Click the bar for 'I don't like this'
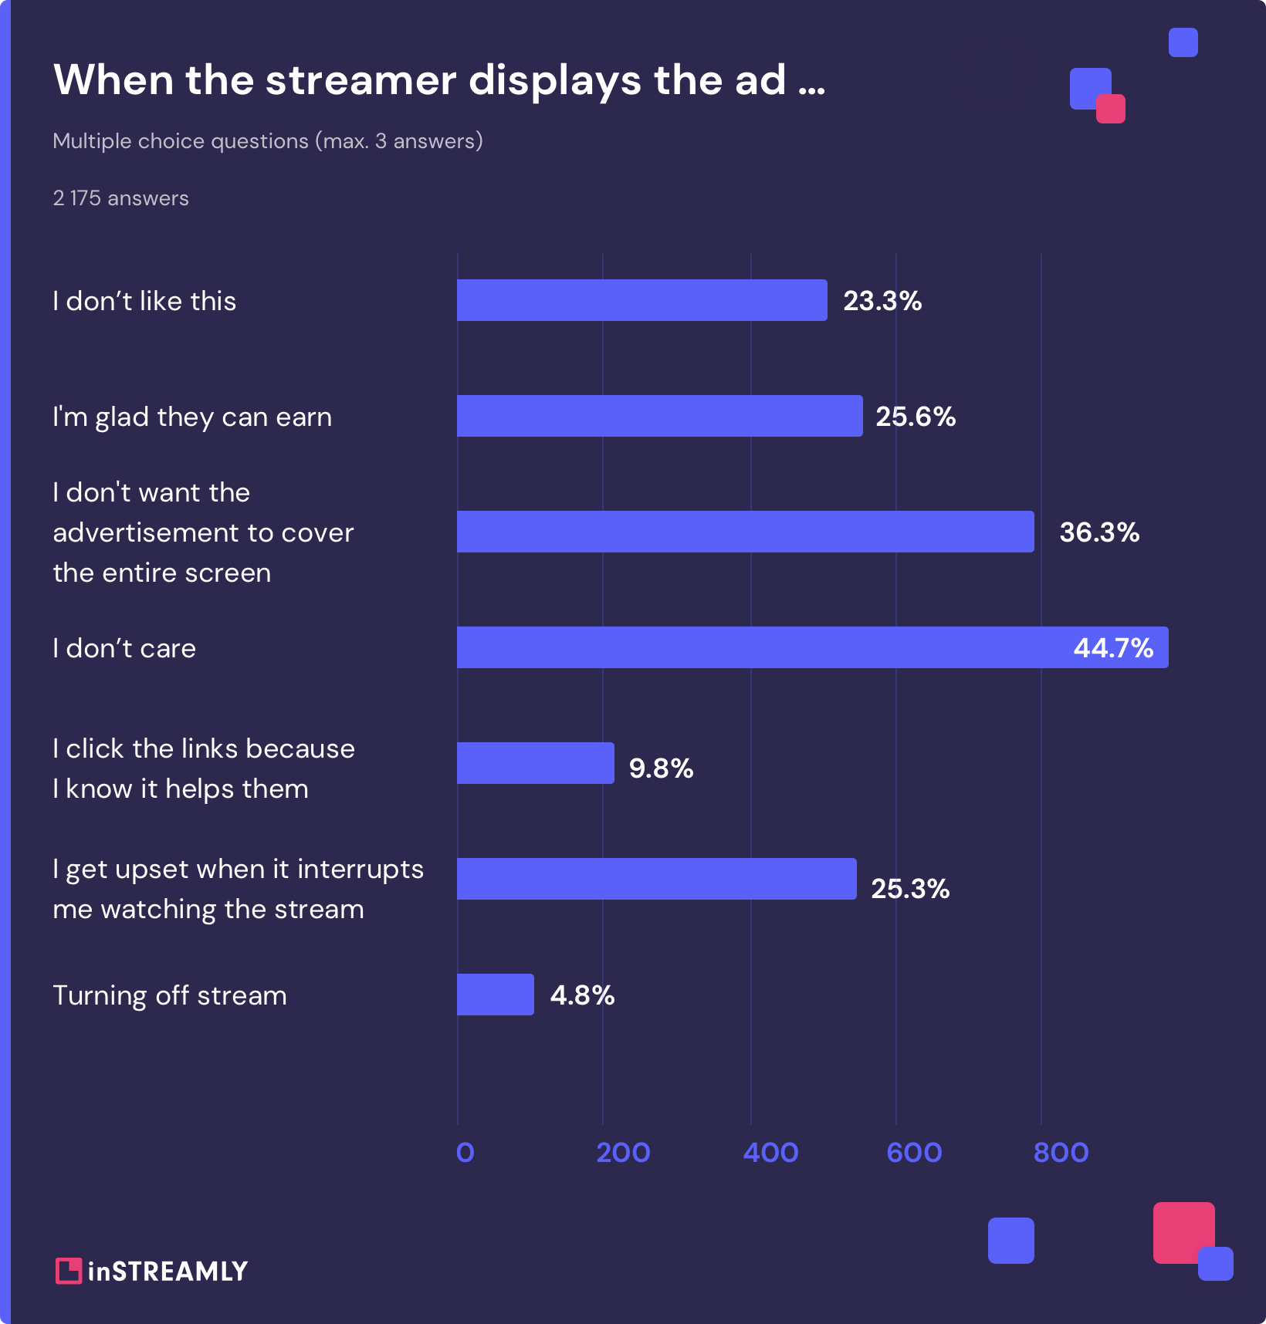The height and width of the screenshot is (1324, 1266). pos(641,300)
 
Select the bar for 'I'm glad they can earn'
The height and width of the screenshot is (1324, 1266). pos(659,416)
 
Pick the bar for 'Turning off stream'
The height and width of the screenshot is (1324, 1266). pos(495,995)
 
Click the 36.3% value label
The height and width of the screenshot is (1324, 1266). pos(1098,532)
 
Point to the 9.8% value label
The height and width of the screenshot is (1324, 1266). pos(661,768)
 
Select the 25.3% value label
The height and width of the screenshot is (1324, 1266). pos(910,889)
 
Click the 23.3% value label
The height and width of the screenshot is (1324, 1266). pos(882,301)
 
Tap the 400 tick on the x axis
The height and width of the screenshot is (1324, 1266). pos(770,1153)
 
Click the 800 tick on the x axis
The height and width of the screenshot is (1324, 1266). pos(1061,1153)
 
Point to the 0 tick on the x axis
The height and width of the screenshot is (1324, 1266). pos(465,1153)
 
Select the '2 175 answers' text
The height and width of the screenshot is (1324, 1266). pos(120,198)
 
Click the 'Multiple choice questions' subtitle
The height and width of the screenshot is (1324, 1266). pos(267,141)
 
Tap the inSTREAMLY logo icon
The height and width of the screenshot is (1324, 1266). pos(69,1271)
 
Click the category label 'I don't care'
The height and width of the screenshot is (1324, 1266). pos(124,648)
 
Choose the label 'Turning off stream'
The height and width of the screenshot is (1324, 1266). pos(170,995)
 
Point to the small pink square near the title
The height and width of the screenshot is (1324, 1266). pos(1111,109)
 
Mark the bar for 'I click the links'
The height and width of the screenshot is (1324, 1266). pos(535,763)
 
